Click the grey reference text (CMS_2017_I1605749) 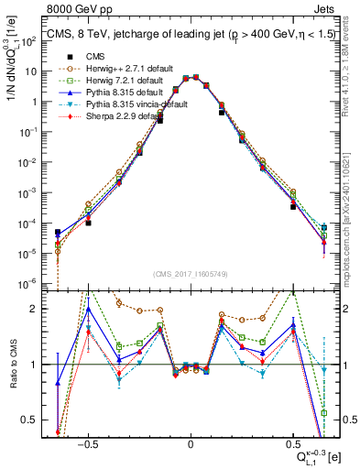tap(190, 274)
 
